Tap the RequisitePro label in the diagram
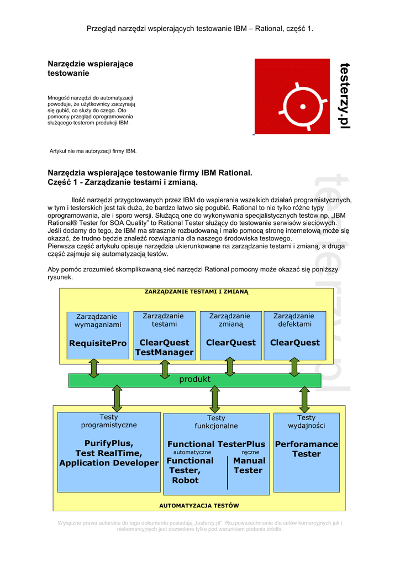point(98,343)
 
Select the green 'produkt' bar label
point(194,379)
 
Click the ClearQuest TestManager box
point(164,347)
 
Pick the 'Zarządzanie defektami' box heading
point(293,320)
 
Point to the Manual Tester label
point(249,465)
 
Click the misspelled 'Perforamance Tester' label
point(307,449)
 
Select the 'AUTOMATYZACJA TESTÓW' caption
point(199,505)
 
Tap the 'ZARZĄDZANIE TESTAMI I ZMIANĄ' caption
point(196,291)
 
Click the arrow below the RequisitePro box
point(94,368)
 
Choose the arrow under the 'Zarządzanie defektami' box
point(294,366)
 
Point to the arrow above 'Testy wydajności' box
point(304,397)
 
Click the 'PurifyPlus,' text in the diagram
point(109,443)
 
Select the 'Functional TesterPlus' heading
point(216,444)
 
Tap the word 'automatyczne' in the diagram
point(188,452)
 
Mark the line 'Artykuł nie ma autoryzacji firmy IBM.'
point(93,151)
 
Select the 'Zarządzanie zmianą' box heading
point(229,320)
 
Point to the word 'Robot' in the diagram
point(185,480)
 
